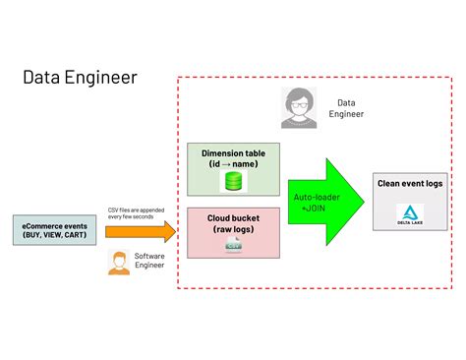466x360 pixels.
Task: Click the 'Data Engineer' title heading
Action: coord(82,77)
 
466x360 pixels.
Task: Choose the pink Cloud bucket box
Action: coord(233,231)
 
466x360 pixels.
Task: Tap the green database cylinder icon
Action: coord(233,181)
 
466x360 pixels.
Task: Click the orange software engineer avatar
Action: coord(119,263)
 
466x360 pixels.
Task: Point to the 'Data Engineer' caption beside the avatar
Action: coord(346,107)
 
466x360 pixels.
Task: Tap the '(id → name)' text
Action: coord(233,163)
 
